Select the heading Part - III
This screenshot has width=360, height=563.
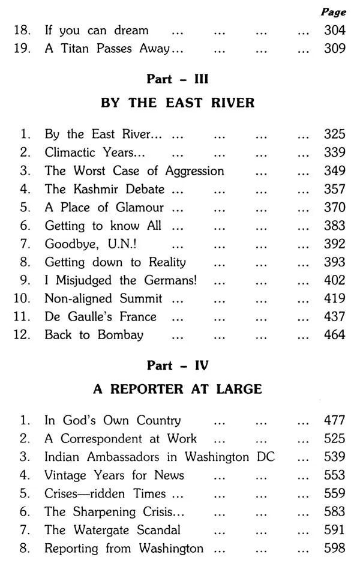(x=178, y=80)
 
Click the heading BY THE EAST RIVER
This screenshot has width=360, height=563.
(x=178, y=103)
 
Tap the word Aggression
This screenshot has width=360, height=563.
(x=188, y=171)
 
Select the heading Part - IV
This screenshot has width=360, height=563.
(x=178, y=366)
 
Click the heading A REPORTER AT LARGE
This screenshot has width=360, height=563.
(x=178, y=389)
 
